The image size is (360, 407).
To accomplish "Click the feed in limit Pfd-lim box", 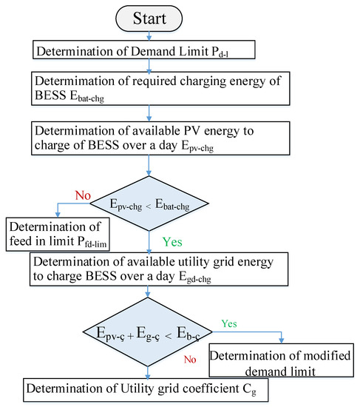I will tap(59, 232).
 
